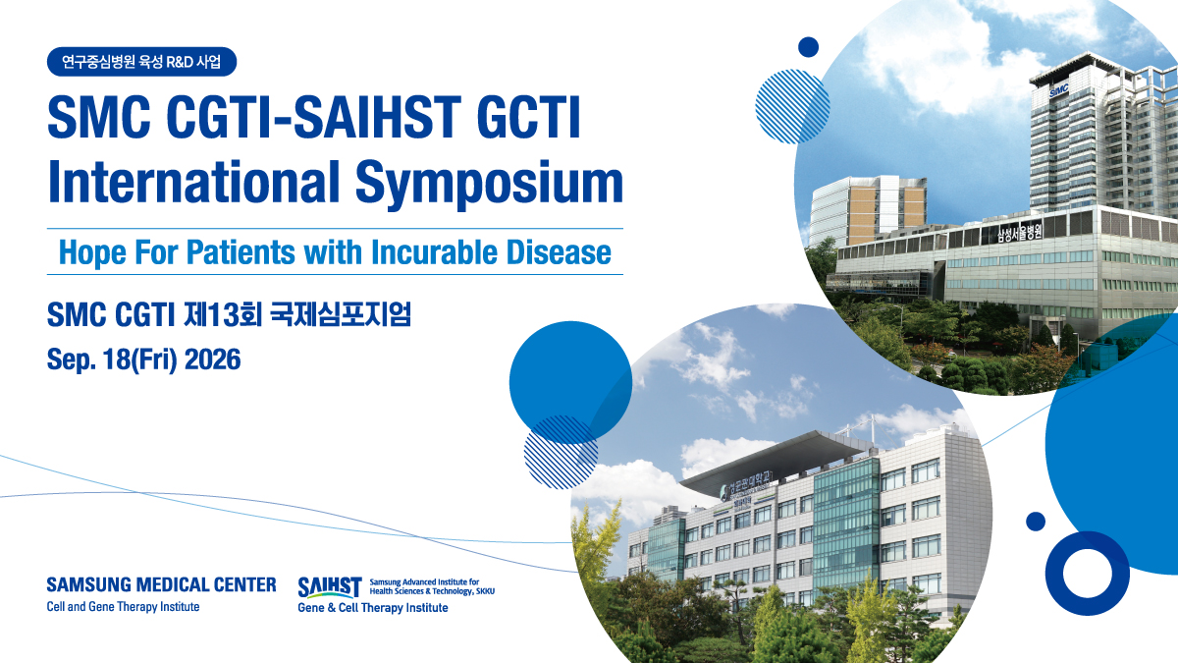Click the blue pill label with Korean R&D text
tap(142, 62)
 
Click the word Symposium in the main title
tap(489, 183)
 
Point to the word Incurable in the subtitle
tap(434, 252)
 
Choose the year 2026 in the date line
tap(212, 359)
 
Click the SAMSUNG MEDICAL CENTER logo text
tap(161, 584)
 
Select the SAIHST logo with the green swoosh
tap(330, 587)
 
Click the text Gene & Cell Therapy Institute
tap(373, 608)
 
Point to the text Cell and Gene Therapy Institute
tap(123, 607)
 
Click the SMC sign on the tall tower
tap(1058, 91)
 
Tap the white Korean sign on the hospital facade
tap(1019, 232)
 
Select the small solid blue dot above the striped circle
tap(808, 47)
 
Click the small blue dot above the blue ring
tap(1036, 522)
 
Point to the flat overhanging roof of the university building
tap(778, 459)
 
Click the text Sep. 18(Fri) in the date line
tap(112, 359)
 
